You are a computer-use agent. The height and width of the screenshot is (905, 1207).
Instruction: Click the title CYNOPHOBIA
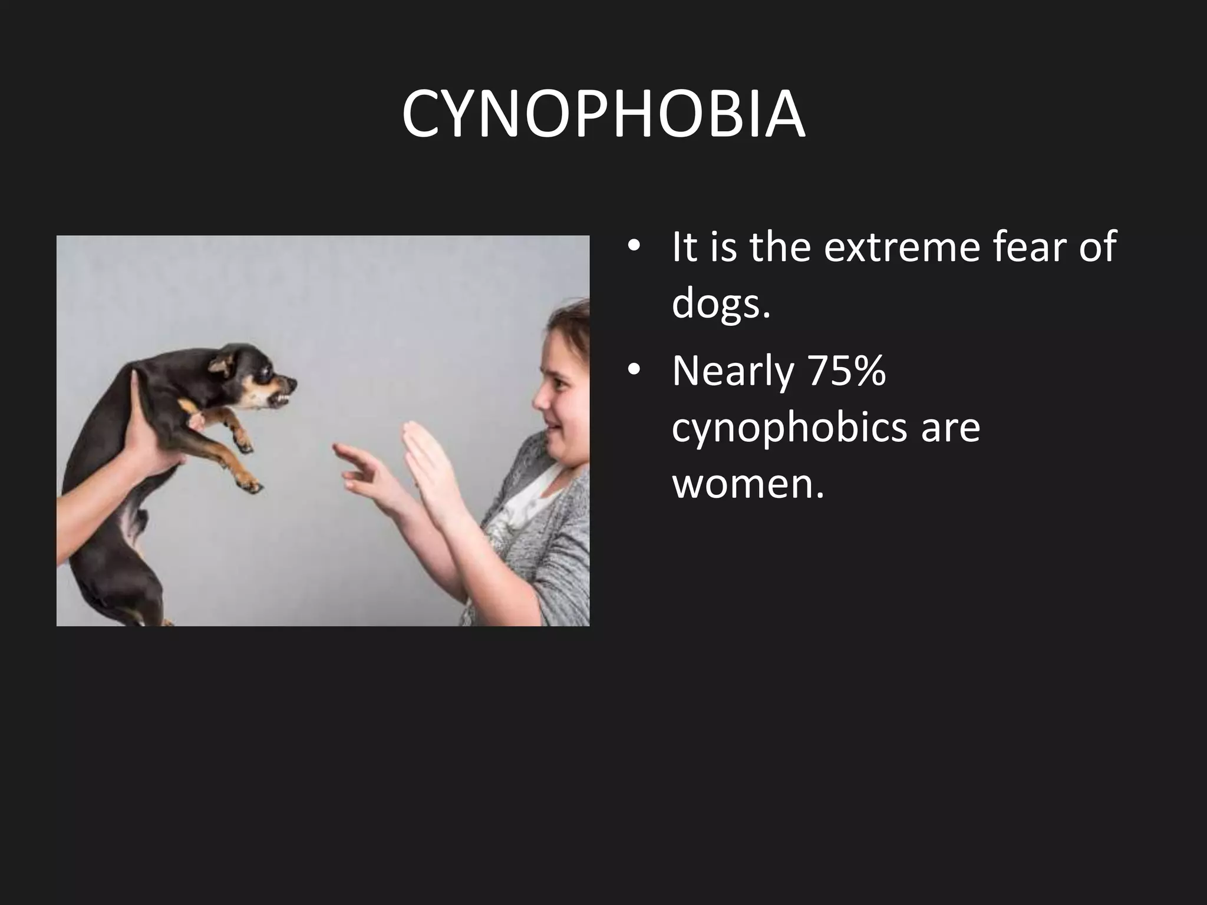pos(603,115)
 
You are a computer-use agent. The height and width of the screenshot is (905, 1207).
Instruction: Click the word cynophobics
pos(789,428)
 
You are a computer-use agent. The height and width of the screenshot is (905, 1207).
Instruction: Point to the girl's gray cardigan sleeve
pos(554,560)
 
